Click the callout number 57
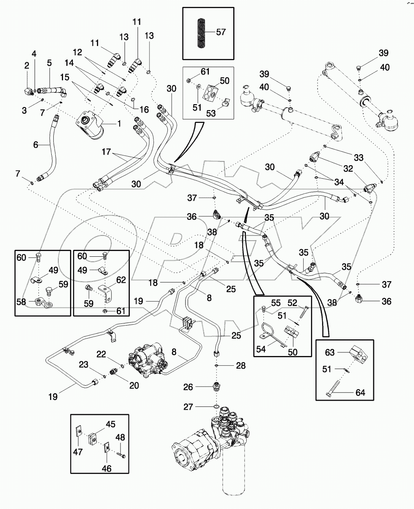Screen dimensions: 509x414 tap(221, 32)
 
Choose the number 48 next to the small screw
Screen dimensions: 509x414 tap(120, 437)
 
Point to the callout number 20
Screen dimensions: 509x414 tap(134, 385)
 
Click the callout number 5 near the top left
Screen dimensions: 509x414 tap(49, 63)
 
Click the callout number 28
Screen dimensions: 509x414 tap(241, 366)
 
